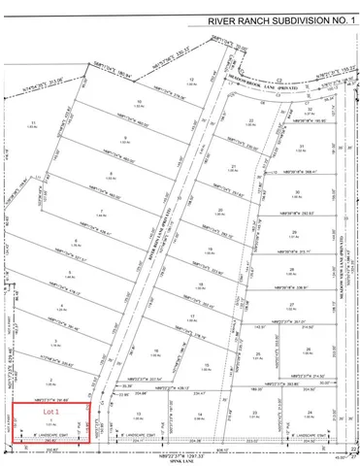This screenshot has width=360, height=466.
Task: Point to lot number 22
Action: click(251, 119)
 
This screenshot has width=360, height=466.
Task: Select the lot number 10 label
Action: click(140, 101)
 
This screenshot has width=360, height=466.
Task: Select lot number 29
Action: click(293, 233)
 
